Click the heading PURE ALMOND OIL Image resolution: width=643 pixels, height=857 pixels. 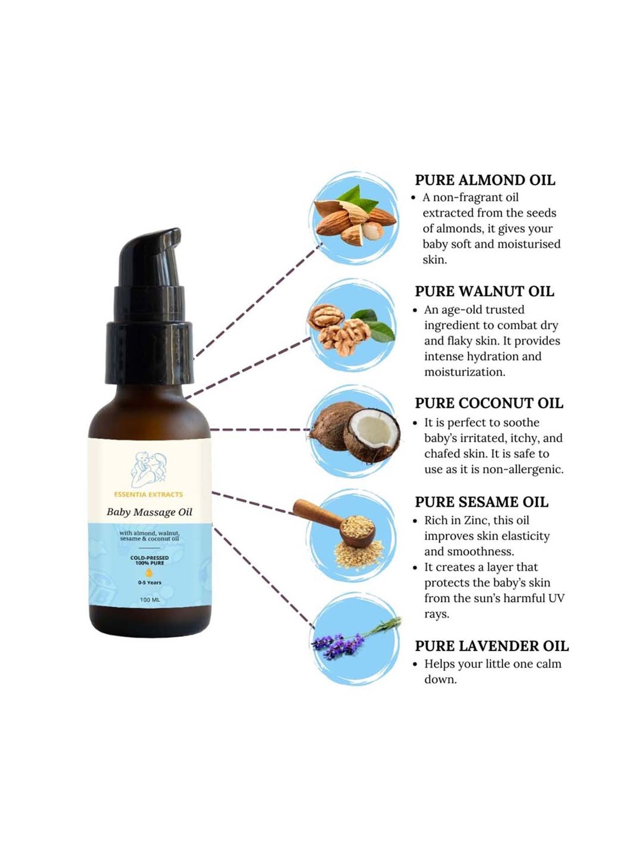click(x=485, y=180)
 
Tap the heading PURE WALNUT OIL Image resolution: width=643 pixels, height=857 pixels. click(x=484, y=291)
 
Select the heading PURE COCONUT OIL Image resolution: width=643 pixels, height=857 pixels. click(x=489, y=403)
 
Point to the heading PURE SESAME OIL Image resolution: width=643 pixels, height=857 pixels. click(x=481, y=502)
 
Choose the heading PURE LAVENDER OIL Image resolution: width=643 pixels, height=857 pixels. click(x=492, y=646)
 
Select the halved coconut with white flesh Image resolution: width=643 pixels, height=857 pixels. click(x=370, y=434)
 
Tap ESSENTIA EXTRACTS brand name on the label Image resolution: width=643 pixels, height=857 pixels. click(x=148, y=494)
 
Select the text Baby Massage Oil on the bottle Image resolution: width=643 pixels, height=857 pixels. click(x=149, y=512)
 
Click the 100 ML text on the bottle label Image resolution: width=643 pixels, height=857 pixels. click(x=150, y=599)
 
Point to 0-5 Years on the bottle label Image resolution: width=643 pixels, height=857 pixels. click(x=150, y=583)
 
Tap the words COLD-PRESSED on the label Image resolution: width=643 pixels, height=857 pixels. click(x=150, y=558)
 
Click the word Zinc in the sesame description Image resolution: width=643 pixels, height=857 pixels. click(x=477, y=520)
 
